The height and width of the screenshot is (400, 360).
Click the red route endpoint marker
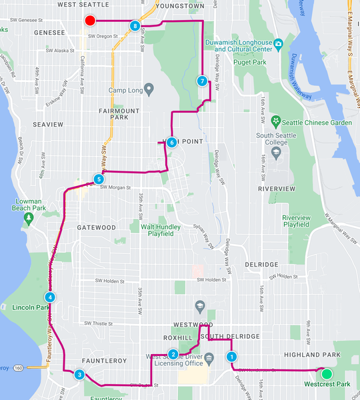91,21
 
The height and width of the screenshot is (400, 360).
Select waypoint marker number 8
135,26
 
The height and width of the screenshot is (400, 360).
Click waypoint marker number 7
202,81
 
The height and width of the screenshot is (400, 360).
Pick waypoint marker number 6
171,142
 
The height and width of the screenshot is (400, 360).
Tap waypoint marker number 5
99,179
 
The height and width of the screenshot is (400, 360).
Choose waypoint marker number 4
49,297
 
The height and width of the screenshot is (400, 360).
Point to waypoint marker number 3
79,374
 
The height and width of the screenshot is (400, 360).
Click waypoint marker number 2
173,354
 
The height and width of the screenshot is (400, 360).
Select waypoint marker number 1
231,357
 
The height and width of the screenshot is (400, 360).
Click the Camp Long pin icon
149,88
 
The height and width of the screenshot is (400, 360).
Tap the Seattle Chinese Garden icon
275,121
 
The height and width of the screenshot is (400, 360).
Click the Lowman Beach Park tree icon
28,219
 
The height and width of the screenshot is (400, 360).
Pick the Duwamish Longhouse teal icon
278,44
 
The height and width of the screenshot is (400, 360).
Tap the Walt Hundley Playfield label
166,231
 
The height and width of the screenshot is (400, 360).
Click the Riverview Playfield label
296,221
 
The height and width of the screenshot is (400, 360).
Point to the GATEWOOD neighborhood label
96,227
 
